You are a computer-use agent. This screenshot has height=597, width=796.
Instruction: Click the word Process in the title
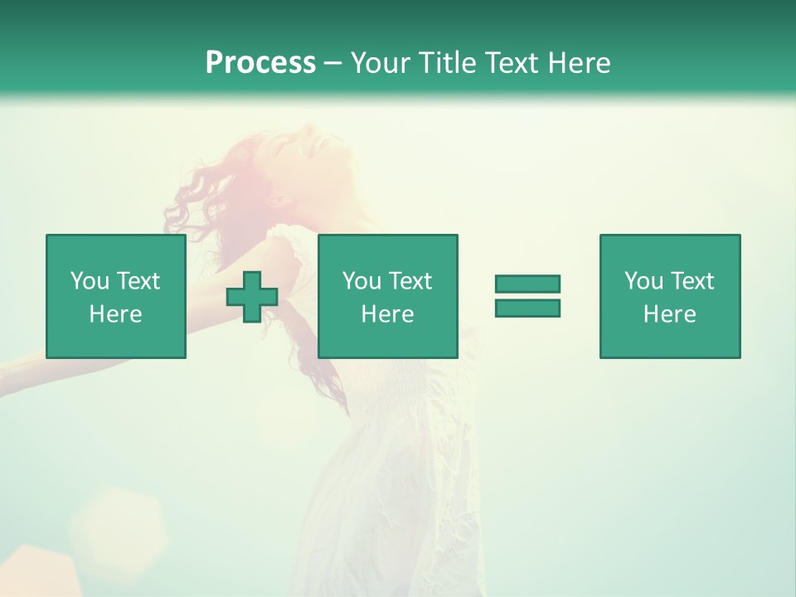tap(260, 63)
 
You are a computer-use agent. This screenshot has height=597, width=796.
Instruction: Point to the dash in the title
tap(332, 63)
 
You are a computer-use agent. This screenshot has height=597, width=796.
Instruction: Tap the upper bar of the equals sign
tap(527, 284)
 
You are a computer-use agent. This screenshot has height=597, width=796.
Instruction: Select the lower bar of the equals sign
tap(527, 308)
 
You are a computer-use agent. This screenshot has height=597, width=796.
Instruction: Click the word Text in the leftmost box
tap(138, 281)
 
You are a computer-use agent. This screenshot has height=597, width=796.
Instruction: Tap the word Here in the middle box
tap(387, 314)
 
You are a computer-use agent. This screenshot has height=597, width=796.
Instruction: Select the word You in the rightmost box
tap(643, 281)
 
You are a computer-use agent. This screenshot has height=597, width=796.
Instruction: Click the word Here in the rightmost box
tap(669, 314)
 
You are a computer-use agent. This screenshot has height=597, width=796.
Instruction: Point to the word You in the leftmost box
tap(90, 281)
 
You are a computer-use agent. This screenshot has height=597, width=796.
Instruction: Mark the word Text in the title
tap(506, 63)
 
